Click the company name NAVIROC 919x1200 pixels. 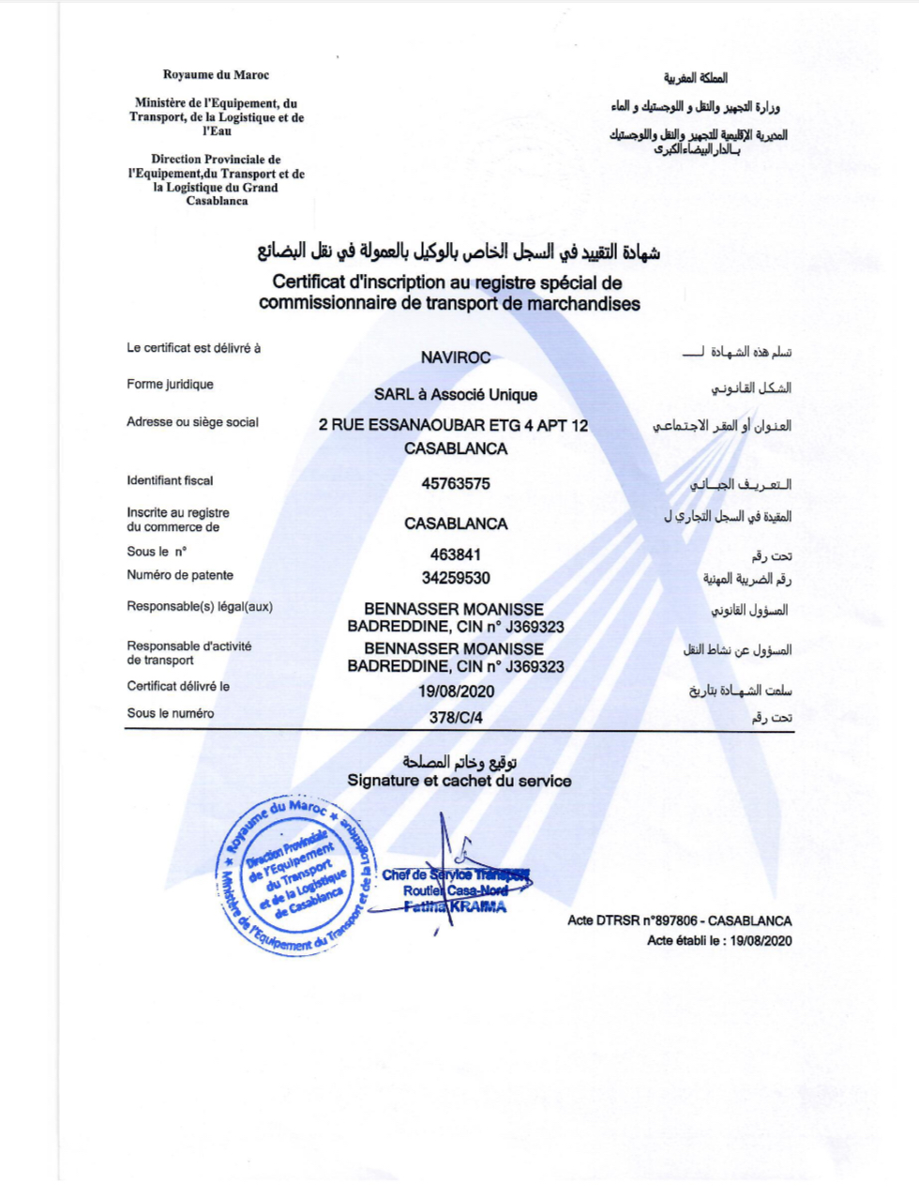pyautogui.click(x=456, y=357)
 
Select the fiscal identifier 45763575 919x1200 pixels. pyautogui.click(x=456, y=484)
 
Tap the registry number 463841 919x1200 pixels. pyautogui.click(x=456, y=554)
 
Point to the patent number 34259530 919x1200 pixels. pyautogui.click(x=456, y=578)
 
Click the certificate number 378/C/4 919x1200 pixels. pyautogui.click(x=456, y=718)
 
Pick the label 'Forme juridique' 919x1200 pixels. pyautogui.click(x=170, y=385)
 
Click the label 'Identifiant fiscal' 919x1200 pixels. pyautogui.click(x=170, y=480)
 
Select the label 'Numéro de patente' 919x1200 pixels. pyautogui.click(x=180, y=575)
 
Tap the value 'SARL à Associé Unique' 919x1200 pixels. pyautogui.click(x=456, y=395)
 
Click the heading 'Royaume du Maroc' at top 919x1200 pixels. pyautogui.click(x=216, y=75)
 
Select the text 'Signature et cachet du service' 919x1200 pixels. pyautogui.click(x=459, y=781)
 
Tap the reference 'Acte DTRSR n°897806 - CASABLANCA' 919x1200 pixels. pyautogui.click(x=679, y=921)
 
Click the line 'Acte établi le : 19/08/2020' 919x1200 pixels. pyautogui.click(x=719, y=940)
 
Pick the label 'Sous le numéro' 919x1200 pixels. pyautogui.click(x=171, y=713)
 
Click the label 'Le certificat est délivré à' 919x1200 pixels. pyautogui.click(x=194, y=348)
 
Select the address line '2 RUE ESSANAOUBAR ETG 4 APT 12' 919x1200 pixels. pyautogui.click(x=454, y=425)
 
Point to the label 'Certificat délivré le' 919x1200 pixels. pyautogui.click(x=178, y=686)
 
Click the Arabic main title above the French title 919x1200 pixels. pyautogui.click(x=459, y=252)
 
